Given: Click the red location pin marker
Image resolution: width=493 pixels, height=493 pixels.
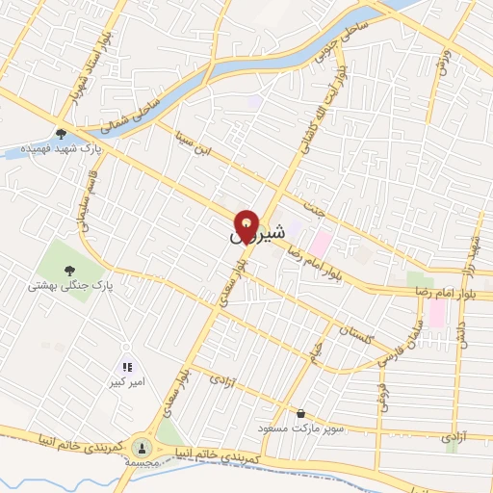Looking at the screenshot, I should pos(247,226).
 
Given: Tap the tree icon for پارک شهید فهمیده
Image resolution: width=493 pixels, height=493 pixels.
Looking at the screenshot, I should pos(61,134).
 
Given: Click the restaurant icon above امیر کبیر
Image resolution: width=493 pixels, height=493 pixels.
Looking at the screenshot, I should pos(127,367).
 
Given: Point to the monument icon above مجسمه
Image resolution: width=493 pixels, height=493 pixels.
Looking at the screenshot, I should pos(142,447).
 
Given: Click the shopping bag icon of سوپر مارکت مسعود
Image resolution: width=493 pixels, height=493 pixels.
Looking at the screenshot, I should pos(300,413).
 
